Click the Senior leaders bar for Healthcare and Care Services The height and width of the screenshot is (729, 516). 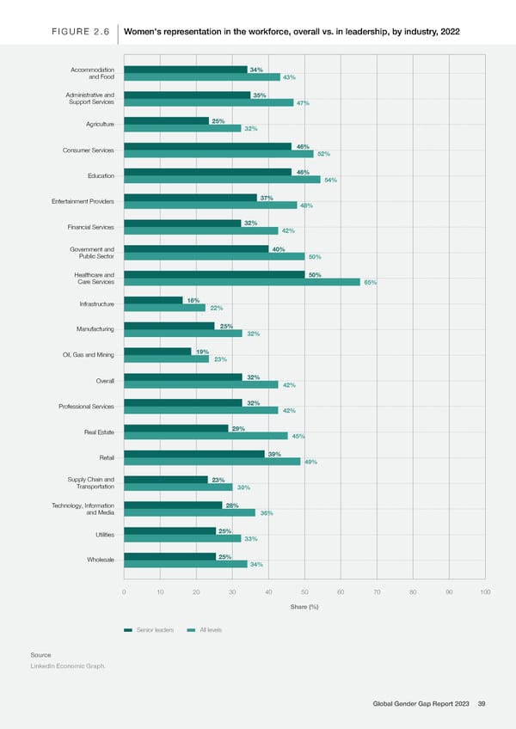(x=214, y=274)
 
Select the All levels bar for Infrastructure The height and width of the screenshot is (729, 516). (x=165, y=308)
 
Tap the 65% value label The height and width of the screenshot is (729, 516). (x=371, y=283)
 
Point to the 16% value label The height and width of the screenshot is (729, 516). (x=193, y=300)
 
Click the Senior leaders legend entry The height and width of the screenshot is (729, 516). (x=150, y=630)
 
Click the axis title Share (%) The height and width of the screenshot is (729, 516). (x=304, y=607)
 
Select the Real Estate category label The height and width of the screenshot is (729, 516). (x=96, y=432)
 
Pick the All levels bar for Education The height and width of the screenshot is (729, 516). (x=222, y=180)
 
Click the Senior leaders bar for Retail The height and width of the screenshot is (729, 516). (x=194, y=453)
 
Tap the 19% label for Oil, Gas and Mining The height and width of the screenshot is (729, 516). (x=202, y=352)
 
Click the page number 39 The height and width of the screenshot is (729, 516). (x=482, y=704)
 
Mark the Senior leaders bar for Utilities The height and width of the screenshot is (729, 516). (x=169, y=530)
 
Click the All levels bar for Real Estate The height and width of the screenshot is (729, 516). (x=206, y=436)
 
